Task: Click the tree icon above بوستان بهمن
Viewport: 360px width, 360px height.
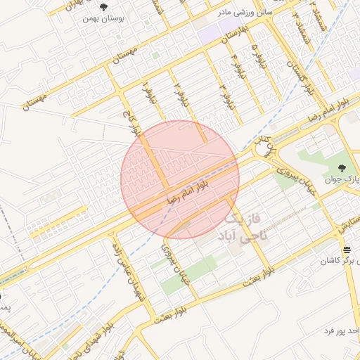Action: (x=104, y=8)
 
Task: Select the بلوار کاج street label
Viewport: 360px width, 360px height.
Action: (x=136, y=124)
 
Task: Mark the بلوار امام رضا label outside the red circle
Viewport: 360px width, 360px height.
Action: (x=330, y=110)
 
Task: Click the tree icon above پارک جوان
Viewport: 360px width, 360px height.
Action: (x=342, y=167)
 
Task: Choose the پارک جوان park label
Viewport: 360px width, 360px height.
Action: (x=341, y=179)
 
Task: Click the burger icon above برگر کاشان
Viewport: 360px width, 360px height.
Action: (x=346, y=250)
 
